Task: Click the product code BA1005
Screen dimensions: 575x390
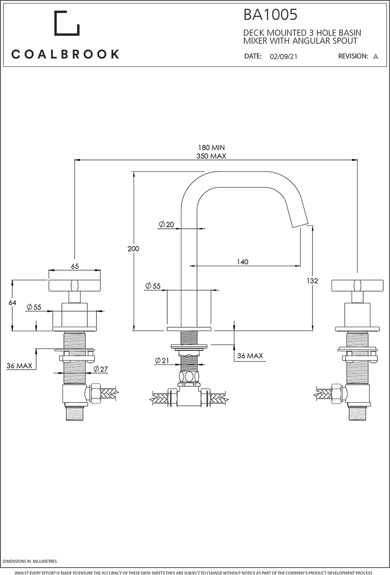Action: pos(270,15)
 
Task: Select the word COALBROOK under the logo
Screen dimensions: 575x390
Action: pos(65,54)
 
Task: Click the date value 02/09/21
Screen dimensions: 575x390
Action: pos(283,57)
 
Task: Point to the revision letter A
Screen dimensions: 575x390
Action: pos(375,57)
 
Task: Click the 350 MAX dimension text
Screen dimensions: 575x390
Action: pos(211,156)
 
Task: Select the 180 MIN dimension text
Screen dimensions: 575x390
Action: pos(211,147)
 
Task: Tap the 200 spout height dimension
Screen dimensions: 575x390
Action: pos(133,249)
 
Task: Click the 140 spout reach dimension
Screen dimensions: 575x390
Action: pos(242,262)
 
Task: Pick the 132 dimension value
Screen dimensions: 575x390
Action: pos(312,281)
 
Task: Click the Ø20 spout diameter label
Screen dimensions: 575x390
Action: pos(166,224)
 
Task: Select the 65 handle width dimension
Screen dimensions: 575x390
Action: pos(75,266)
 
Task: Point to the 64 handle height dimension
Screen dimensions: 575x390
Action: pos(13,303)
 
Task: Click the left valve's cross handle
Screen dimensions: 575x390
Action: pos(75,285)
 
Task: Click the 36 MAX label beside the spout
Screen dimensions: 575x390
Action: pos(250,356)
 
